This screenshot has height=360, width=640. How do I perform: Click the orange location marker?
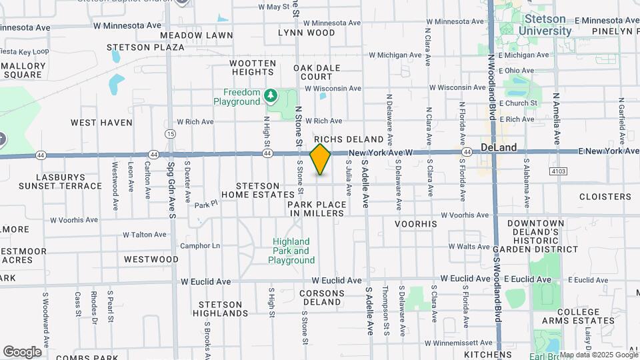click(320, 159)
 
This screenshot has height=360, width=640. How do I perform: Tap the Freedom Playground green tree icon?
click(271, 95)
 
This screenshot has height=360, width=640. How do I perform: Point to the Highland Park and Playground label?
click(291, 251)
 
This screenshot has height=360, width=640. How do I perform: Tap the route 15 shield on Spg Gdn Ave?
click(171, 134)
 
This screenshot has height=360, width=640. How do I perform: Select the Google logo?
click(22, 351)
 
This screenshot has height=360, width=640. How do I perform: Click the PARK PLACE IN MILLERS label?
click(317, 209)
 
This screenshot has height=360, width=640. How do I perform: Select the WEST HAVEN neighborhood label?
click(101, 123)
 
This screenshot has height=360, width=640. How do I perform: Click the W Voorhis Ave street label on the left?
click(73, 219)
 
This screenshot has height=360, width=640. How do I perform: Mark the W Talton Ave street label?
click(145, 235)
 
